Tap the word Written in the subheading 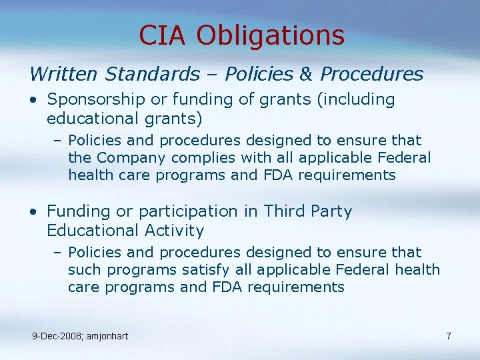64,74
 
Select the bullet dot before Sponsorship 33,101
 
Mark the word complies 202,158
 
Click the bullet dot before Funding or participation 33,213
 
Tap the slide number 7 449,336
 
